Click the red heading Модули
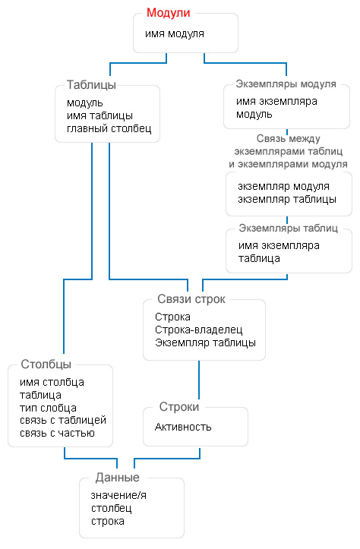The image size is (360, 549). tap(168, 13)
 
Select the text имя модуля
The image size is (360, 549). tap(175, 34)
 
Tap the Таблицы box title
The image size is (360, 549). tap(91, 85)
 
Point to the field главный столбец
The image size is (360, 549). tap(109, 128)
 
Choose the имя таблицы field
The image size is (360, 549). tap(99, 115)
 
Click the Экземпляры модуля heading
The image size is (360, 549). tap(286, 84)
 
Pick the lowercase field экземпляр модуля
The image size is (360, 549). tap(283, 186)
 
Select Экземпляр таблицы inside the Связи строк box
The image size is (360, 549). tap(205, 342)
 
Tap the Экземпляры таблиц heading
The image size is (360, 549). tap(288, 229)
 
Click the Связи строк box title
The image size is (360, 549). tap(191, 299)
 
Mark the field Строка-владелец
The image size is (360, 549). tap(198, 330)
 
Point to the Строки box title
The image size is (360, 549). tap(179, 407)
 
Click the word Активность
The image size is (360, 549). tap(183, 428)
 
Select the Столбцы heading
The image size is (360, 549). tap(46, 364)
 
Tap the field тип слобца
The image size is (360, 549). tap(48, 408)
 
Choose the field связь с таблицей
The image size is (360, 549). tap(63, 420)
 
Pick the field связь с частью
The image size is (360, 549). tap(57, 433)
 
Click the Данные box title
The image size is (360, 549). tap(117, 478)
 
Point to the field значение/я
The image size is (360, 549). tap(118, 495)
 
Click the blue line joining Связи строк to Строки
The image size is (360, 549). tap(199, 380)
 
